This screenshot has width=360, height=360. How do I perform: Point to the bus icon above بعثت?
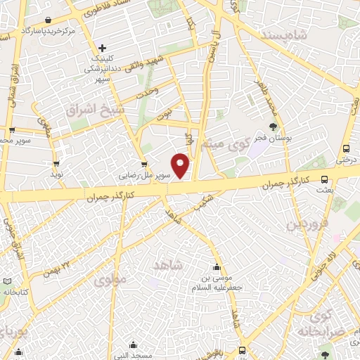pyautogui.click(x=324, y=179)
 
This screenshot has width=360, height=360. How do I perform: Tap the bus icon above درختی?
pyautogui.click(x=345, y=148)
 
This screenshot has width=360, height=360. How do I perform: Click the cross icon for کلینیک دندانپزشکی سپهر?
pyautogui.click(x=103, y=48)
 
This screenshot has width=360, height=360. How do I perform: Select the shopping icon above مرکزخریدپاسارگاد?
pyautogui.click(x=46, y=20)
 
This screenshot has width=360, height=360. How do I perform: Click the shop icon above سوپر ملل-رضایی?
pyautogui.click(x=144, y=166)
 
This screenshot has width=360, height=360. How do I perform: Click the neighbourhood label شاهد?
pyautogui.click(x=167, y=264)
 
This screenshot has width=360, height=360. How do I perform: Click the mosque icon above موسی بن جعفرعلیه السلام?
pyautogui.click(x=217, y=266)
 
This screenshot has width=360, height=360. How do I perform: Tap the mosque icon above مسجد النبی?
pyautogui.click(x=134, y=345)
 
